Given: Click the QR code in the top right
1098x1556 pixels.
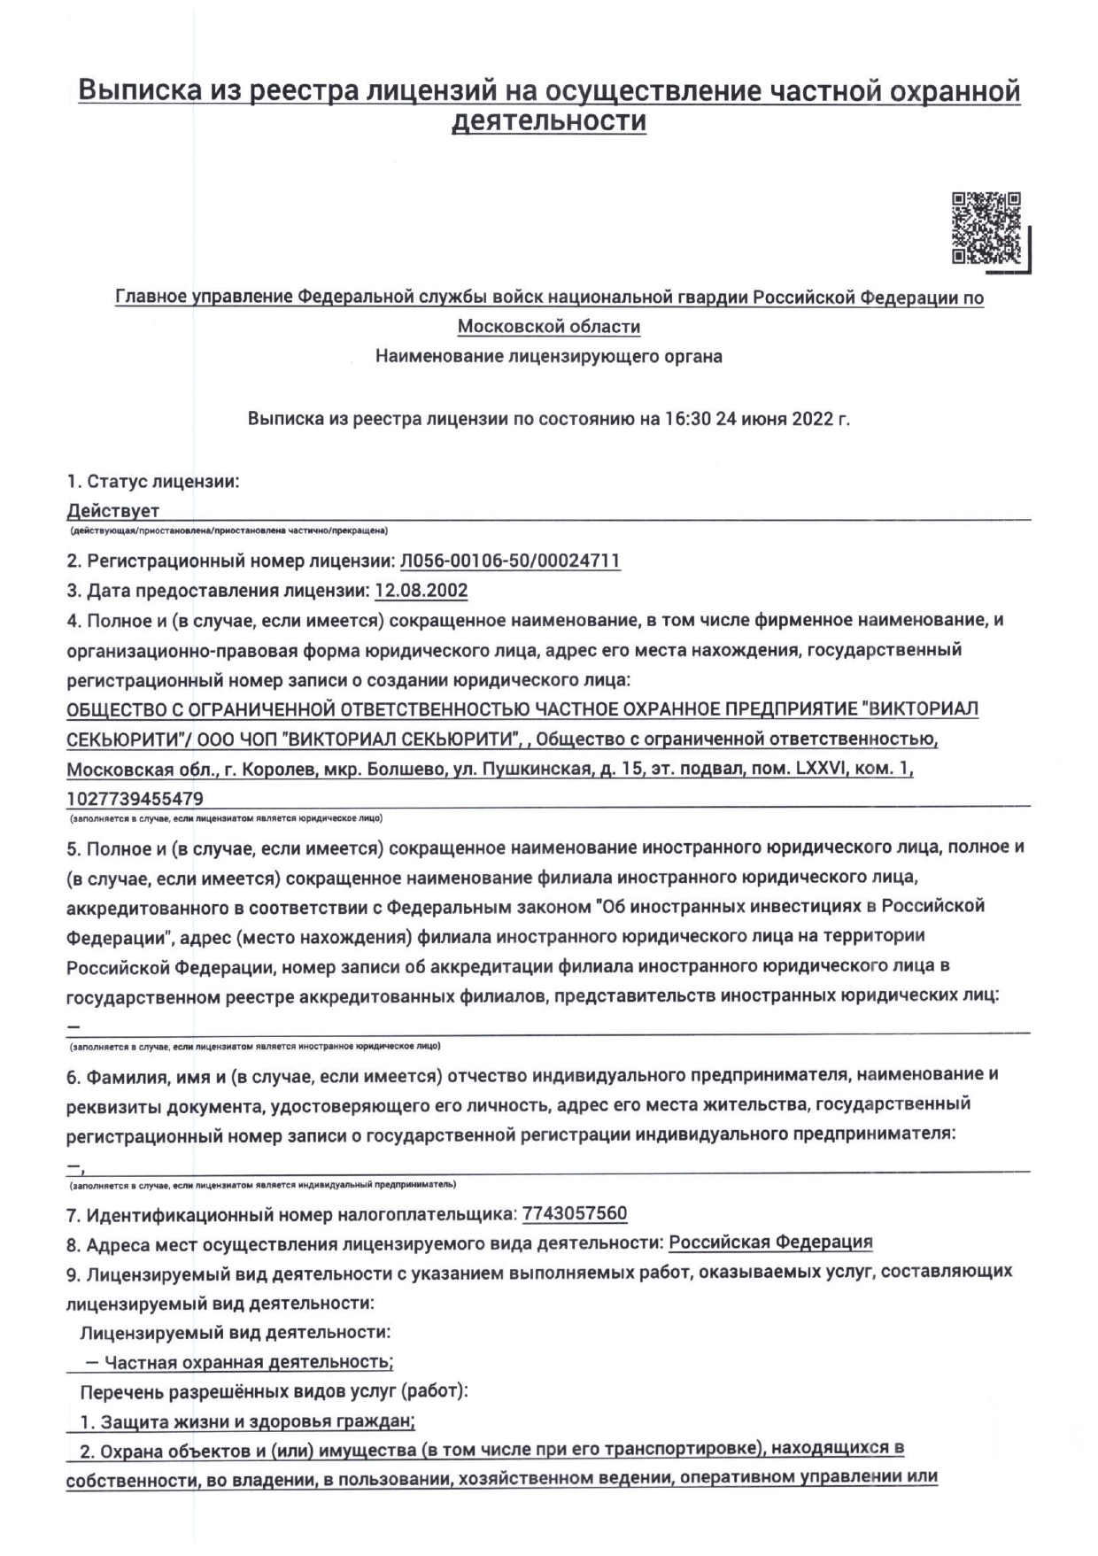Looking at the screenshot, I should pyautogui.click(x=986, y=228).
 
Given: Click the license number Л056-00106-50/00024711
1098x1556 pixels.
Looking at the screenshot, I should pyautogui.click(x=510, y=561).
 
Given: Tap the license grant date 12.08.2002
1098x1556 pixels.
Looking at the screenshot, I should pyautogui.click(x=421, y=591).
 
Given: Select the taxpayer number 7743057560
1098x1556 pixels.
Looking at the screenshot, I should pyautogui.click(x=575, y=1213).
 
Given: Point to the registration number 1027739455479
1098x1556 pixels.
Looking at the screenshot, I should pyautogui.click(x=135, y=799).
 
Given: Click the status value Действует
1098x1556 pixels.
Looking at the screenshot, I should pyautogui.click(x=113, y=511).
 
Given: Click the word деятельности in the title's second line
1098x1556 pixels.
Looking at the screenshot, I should pyautogui.click(x=549, y=121).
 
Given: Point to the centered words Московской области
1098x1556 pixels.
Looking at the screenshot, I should pyautogui.click(x=549, y=327).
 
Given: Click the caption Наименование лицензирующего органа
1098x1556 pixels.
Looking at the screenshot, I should pyautogui.click(x=549, y=357).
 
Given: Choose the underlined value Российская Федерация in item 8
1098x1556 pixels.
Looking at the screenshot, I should pyautogui.click(x=770, y=1242).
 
